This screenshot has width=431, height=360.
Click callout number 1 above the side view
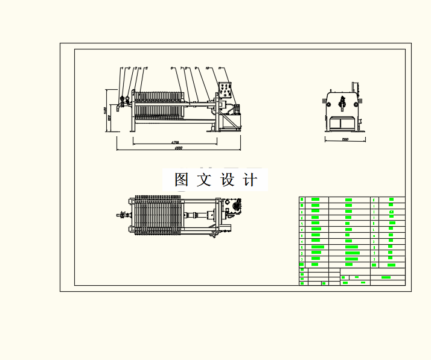[123, 68]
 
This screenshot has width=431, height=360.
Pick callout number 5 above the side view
[146, 68]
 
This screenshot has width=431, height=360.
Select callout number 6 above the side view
[172, 68]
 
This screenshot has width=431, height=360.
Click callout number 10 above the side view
[208, 68]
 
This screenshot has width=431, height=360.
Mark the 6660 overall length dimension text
[179, 148]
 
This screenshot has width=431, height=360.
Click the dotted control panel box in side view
[225, 91]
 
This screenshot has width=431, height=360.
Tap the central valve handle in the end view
[342, 102]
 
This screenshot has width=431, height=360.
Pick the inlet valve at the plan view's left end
[124, 215]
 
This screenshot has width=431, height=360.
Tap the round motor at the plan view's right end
[234, 207]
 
